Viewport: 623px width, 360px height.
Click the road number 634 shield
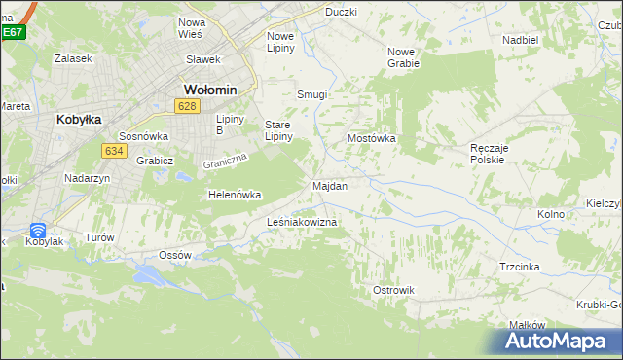pyautogui.click(x=114, y=150)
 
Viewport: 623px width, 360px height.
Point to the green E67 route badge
pyautogui.click(x=12, y=32)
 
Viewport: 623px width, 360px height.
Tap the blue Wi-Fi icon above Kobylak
pyautogui.click(x=38, y=231)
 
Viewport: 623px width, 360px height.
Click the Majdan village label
pyautogui.click(x=330, y=185)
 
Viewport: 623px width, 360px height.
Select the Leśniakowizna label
pyautogui.click(x=302, y=223)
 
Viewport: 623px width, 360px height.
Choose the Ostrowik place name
pyautogui.click(x=394, y=290)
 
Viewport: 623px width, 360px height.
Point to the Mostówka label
pyautogui.click(x=372, y=139)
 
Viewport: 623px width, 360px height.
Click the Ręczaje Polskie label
pyautogui.click(x=487, y=152)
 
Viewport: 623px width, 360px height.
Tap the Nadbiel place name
pyautogui.click(x=521, y=40)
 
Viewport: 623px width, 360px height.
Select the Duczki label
pyautogui.click(x=341, y=12)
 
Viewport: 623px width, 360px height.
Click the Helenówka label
pyautogui.click(x=235, y=195)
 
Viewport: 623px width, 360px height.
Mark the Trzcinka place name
pyautogui.click(x=520, y=267)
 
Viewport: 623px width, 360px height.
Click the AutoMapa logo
pyautogui.click(x=551, y=342)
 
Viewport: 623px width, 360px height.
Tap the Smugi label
pyautogui.click(x=311, y=95)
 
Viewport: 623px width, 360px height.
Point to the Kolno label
pyautogui.click(x=551, y=214)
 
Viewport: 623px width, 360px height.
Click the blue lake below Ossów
pyautogui.click(x=150, y=274)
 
